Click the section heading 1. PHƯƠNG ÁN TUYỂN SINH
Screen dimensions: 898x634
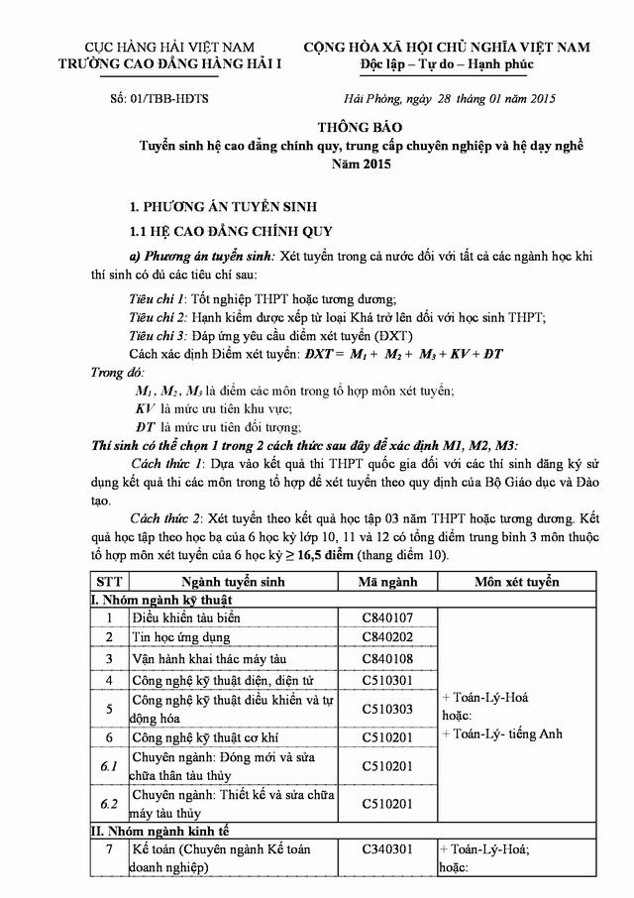[224, 208]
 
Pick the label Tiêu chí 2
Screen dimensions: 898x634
[158, 317]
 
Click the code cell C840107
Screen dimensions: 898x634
[387, 617]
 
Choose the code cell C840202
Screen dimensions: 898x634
[387, 636]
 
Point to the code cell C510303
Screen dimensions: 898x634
[387, 709]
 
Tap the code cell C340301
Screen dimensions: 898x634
[387, 849]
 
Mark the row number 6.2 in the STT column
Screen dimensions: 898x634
[109, 802]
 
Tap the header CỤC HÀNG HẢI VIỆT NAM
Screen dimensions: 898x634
[170, 47]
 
